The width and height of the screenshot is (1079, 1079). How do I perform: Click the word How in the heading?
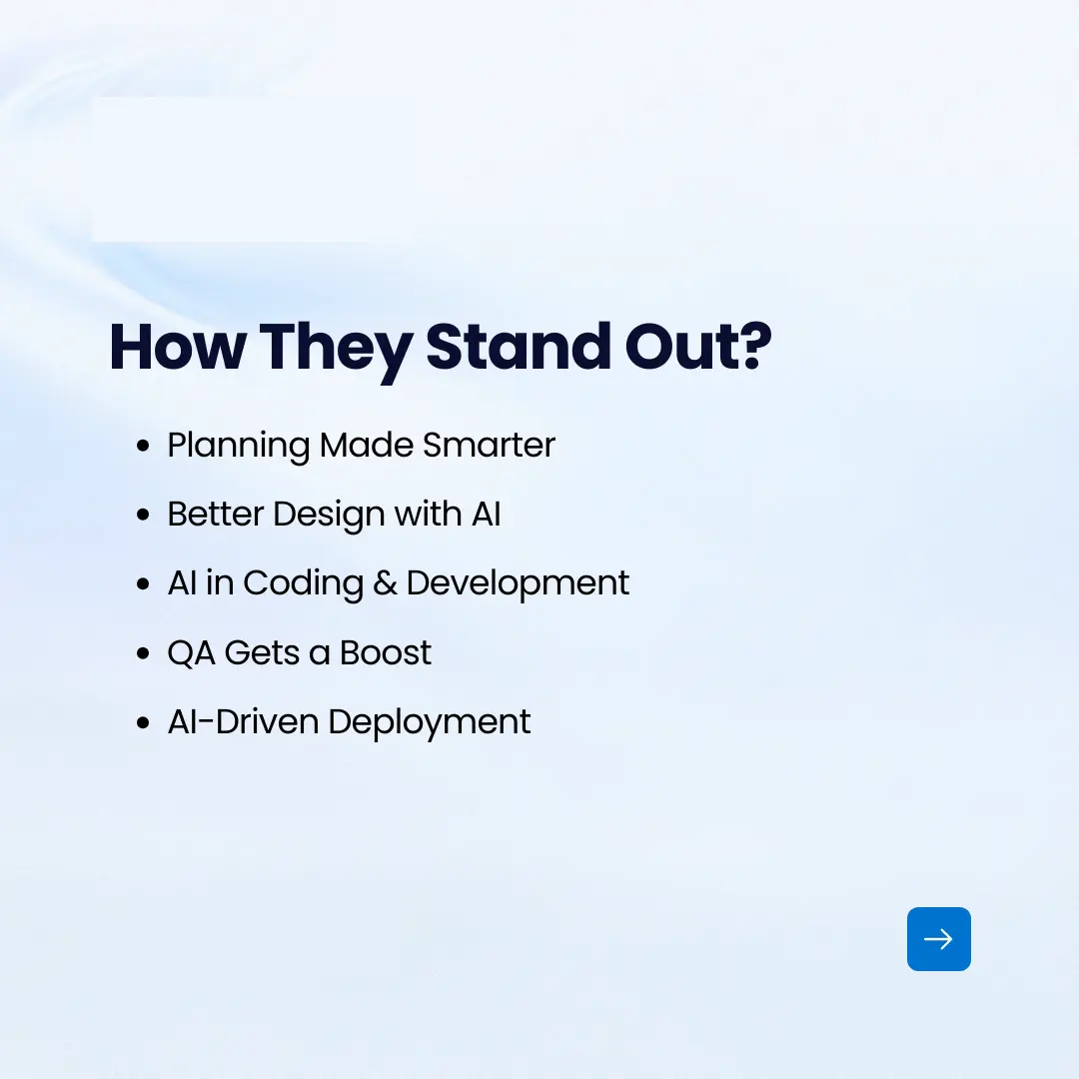pos(176,347)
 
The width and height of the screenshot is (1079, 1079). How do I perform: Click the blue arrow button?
pos(938,939)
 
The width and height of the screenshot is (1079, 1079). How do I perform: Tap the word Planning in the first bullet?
pos(239,446)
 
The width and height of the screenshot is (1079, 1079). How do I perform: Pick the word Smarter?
pos(489,445)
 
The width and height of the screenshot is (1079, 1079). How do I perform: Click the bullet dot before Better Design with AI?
pos(144,516)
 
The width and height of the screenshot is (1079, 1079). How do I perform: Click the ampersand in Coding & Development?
pos(385,583)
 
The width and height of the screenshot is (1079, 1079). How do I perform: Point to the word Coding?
pos(303,584)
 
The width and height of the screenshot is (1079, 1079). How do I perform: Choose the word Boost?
pos(386,652)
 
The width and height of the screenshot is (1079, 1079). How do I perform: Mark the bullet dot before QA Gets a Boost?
pos(144,654)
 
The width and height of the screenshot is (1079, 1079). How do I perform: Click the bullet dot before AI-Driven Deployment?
pos(144,723)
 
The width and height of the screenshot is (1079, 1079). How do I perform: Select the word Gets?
pos(263,653)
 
